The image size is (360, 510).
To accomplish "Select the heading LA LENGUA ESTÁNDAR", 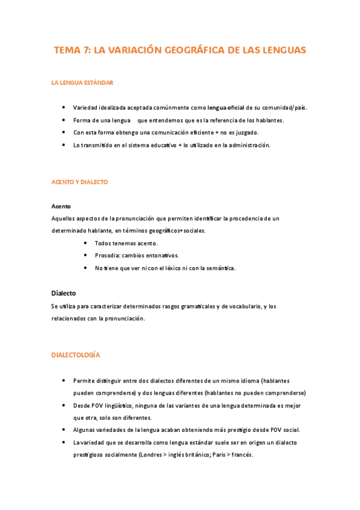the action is [82, 82].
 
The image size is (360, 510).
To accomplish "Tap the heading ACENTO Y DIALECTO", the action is [80, 182].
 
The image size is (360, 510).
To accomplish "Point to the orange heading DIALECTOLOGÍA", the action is [76, 355].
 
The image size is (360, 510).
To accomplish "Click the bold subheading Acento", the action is [61, 206].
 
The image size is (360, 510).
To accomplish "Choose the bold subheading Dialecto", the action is [64, 293].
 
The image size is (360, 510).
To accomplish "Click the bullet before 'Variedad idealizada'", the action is [64, 108].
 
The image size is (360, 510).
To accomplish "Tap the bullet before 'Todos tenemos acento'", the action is [85, 243].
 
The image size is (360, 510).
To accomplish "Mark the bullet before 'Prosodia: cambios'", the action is [85, 256].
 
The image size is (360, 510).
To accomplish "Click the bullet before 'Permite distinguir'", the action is [64, 381].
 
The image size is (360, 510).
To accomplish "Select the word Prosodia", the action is [106, 256].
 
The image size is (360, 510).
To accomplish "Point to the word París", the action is [221, 455].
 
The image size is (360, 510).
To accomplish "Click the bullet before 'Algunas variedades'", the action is [64, 430].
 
